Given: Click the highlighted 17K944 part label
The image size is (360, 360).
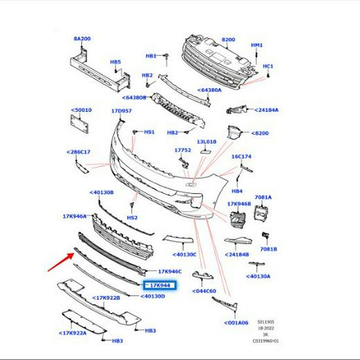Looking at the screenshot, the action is (x=160, y=285).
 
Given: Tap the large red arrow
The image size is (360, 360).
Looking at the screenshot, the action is (x=61, y=262).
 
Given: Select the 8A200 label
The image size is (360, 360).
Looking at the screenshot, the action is (x=82, y=39).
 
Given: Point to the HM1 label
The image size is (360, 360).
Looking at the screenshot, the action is (x=257, y=45).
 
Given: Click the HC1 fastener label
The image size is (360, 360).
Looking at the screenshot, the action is (x=268, y=66).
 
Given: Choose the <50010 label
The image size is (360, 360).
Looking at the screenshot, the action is (x=81, y=110).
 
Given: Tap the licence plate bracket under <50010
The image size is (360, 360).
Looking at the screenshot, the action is (x=79, y=124).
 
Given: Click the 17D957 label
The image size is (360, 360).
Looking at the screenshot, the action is (x=122, y=111).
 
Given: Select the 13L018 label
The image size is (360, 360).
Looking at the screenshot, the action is (x=206, y=141).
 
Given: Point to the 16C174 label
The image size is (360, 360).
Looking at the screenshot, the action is (x=242, y=156).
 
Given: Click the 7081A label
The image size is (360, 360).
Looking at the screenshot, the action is (x=263, y=197).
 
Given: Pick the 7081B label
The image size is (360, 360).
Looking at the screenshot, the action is (x=268, y=249).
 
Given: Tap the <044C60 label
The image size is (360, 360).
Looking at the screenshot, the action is (x=204, y=291).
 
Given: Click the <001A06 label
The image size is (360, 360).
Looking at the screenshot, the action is (x=236, y=323).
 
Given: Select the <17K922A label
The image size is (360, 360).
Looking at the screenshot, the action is (x=73, y=333).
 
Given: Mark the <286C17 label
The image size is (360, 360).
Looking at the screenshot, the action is (x=79, y=152).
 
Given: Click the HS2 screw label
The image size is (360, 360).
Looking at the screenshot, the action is (x=132, y=217).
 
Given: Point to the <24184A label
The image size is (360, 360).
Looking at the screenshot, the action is (x=266, y=110).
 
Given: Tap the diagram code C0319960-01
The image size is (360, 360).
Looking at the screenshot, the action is (x=266, y=341).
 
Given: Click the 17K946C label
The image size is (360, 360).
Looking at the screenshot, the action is (x=170, y=272).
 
